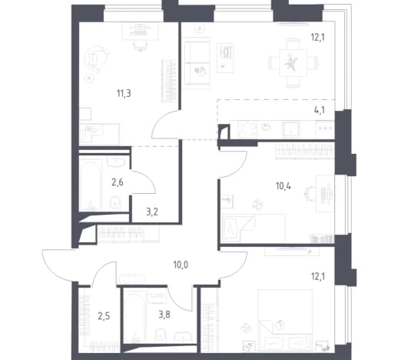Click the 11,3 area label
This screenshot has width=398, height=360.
click(x=124, y=94)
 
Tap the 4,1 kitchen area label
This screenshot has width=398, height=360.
click(x=320, y=110)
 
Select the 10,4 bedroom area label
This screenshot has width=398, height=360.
click(x=284, y=186)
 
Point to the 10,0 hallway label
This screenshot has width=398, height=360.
click(x=181, y=265)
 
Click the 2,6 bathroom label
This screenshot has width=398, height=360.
click(x=118, y=182)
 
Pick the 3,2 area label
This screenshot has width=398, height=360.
click(x=152, y=212)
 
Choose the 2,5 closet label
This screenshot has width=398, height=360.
click(x=104, y=316)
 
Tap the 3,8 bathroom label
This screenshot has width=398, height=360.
click(x=164, y=315)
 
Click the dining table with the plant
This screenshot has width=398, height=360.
click(x=293, y=63)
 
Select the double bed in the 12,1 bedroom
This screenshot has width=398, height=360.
click(x=285, y=320)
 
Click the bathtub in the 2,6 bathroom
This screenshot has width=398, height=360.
click(x=90, y=186)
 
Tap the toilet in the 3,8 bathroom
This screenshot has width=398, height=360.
click(x=161, y=335)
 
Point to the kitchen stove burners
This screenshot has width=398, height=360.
click(x=247, y=128)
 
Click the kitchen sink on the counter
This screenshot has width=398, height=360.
click(x=291, y=128)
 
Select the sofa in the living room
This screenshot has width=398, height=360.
click(x=197, y=63)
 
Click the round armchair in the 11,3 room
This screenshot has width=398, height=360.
click(x=96, y=59)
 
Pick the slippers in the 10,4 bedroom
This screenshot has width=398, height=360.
click(x=257, y=205)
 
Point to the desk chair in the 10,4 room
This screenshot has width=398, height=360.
click(x=309, y=193)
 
